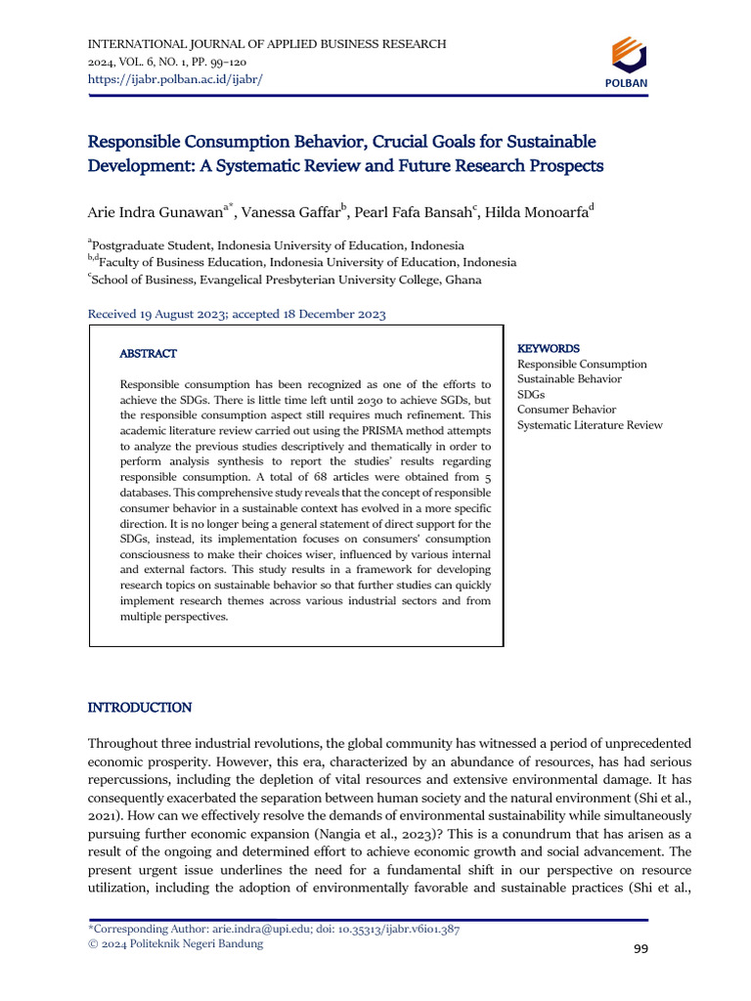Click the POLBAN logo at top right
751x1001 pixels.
point(627,61)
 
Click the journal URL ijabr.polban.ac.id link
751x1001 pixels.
point(175,78)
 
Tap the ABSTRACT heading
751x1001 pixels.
point(148,353)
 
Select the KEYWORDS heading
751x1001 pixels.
point(548,348)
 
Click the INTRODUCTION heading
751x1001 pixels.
point(140,707)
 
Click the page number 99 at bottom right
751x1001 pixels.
point(641,948)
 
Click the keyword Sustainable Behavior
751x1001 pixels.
point(569,379)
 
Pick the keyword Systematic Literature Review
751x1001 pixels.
point(590,425)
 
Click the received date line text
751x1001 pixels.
point(238,314)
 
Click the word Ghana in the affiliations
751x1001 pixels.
point(464,280)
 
